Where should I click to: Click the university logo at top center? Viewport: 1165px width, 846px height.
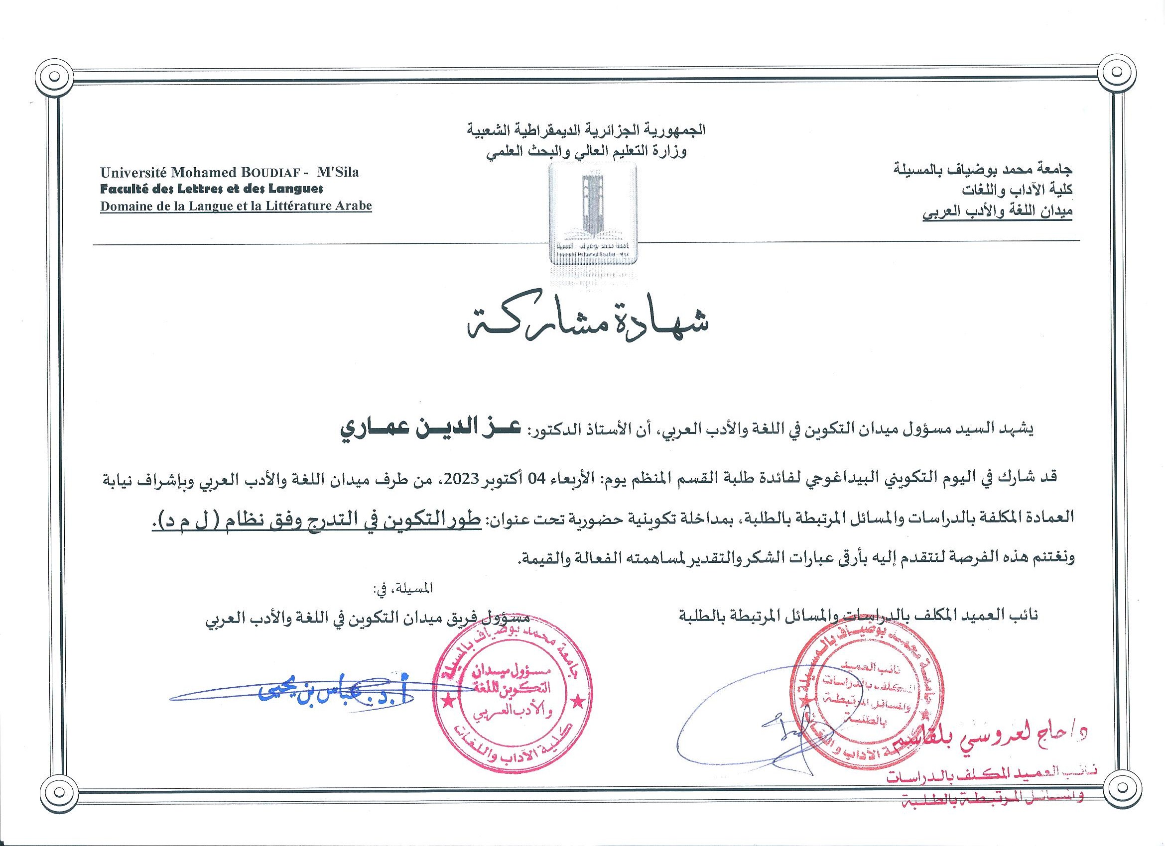point(592,213)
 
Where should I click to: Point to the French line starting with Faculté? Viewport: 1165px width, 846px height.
point(211,189)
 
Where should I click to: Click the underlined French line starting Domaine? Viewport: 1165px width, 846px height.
point(236,207)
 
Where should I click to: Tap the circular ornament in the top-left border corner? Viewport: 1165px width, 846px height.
point(55,80)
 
